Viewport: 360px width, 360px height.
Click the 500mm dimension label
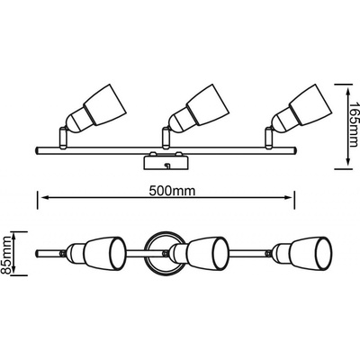coord(172,190)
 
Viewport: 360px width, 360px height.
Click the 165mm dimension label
coord(355,124)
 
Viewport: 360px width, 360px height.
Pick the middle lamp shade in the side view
coord(206,103)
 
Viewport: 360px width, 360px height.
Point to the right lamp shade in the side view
coord(309,103)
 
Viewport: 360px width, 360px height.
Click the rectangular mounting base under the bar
coord(166,162)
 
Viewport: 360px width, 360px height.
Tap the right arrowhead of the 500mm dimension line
coord(287,197)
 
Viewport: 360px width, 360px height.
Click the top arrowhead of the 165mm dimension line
coord(347,92)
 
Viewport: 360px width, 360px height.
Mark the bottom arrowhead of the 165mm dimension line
coord(347,161)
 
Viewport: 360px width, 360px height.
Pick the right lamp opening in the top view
coord(323,254)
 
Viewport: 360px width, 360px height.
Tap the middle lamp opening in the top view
coord(220,254)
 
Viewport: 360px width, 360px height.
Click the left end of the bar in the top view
coord(37,254)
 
